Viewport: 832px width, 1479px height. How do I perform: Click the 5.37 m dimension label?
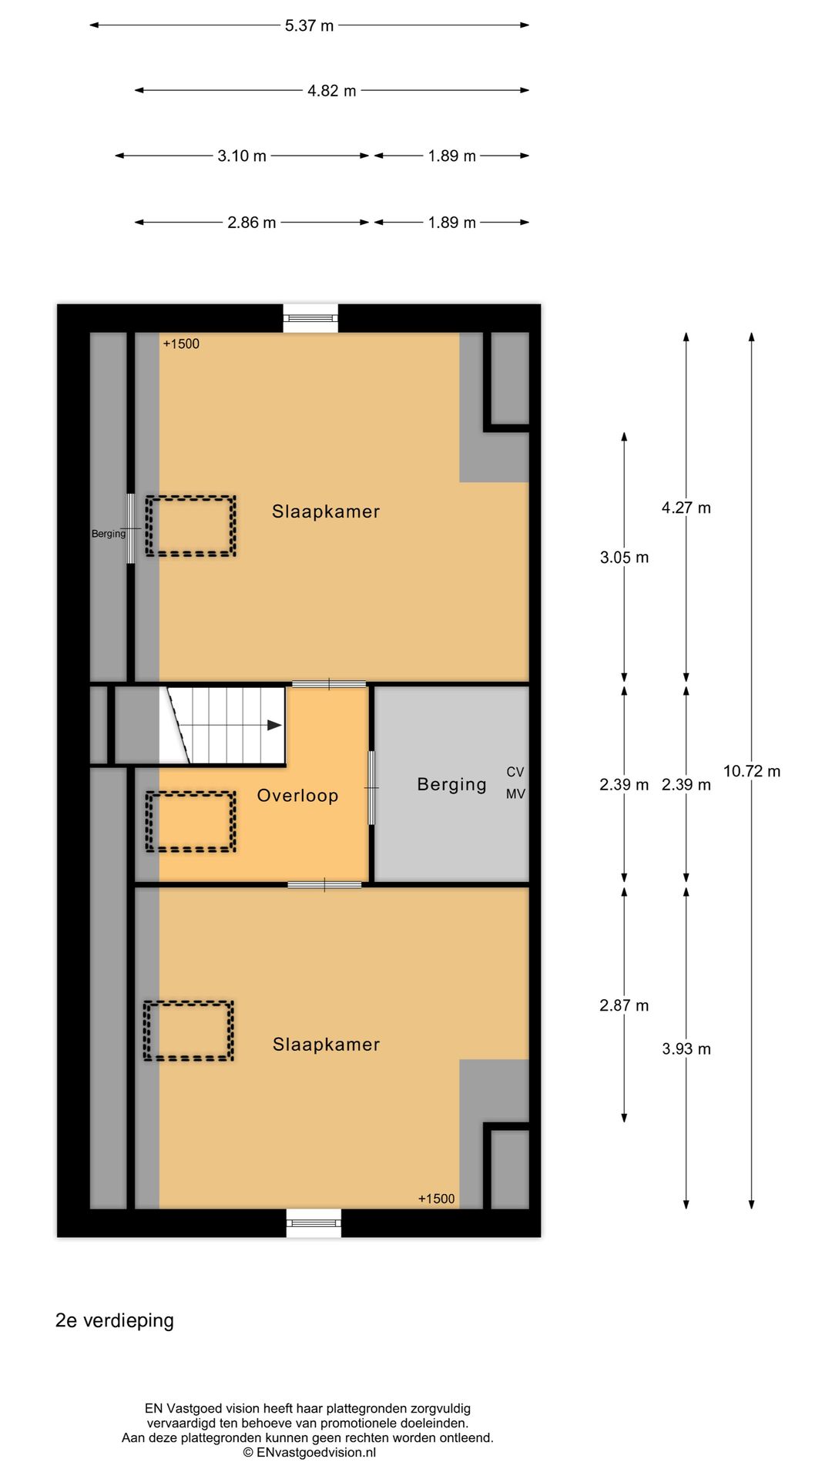point(309,25)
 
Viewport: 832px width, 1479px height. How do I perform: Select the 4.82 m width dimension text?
point(331,91)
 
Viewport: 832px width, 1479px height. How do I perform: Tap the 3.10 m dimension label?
point(242,156)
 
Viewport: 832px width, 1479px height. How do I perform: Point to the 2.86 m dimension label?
point(251,223)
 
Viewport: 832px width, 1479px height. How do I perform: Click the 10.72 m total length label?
point(751,771)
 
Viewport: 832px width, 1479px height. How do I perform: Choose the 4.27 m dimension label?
point(686,508)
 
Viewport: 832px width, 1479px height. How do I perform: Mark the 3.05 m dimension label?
point(624,557)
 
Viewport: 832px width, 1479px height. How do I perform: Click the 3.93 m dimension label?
point(686,1048)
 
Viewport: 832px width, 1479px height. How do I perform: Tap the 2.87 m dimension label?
point(624,1005)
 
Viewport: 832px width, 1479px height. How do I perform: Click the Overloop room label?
point(297,796)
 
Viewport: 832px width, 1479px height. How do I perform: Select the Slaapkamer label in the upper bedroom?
point(326,511)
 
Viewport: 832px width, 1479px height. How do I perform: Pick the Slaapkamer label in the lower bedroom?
point(326,1045)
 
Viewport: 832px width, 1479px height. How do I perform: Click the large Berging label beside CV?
point(451,784)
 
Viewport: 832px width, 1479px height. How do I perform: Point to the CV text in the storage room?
point(515,772)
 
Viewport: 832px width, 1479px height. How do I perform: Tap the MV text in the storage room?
point(515,793)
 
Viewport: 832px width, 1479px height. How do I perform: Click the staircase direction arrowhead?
point(274,725)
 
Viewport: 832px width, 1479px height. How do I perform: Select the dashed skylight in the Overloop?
point(190,821)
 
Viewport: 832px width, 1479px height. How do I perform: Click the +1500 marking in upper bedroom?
point(181,344)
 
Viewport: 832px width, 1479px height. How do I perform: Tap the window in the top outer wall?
point(310,317)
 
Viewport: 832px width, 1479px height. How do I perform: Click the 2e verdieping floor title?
point(115,1320)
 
